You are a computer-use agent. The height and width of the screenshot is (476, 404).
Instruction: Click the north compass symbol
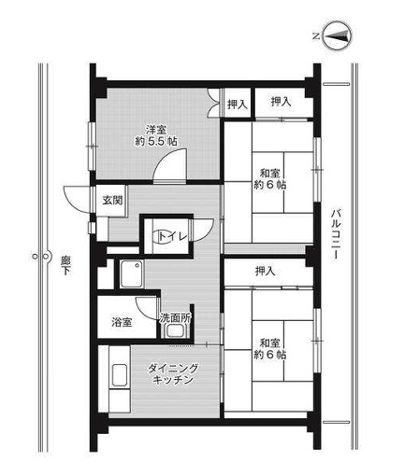(338, 36)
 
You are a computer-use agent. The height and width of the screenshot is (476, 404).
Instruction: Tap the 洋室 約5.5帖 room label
(156, 135)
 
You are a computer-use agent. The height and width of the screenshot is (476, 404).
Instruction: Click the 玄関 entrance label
(112, 201)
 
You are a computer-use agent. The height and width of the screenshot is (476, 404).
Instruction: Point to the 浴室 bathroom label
(122, 322)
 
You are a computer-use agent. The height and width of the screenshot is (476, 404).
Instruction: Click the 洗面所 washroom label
(175, 317)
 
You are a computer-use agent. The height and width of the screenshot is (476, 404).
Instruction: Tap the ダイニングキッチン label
(173, 374)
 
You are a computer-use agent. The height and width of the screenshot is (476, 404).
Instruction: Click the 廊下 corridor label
(65, 265)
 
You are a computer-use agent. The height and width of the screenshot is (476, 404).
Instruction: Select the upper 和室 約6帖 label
(270, 178)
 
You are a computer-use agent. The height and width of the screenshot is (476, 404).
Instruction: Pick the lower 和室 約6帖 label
(270, 349)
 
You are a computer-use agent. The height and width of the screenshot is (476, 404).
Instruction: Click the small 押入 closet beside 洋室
(238, 105)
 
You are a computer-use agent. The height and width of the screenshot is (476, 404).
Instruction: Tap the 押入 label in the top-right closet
(281, 102)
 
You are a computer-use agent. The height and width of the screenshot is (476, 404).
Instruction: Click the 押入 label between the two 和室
(266, 272)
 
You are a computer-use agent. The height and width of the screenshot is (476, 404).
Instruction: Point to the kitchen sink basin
(120, 375)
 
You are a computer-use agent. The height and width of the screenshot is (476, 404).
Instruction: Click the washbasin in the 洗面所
(175, 330)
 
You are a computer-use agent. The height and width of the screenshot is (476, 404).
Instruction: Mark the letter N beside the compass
(316, 36)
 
